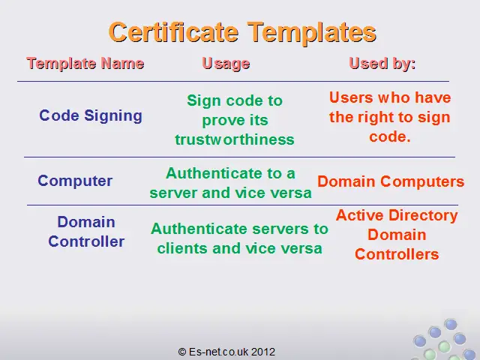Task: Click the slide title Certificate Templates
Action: (x=242, y=33)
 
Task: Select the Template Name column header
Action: (x=85, y=64)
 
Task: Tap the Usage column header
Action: (x=226, y=64)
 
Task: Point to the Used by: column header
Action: (x=382, y=64)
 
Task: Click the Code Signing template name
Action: (x=91, y=116)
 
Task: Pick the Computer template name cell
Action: (x=75, y=181)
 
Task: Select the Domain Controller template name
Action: (x=86, y=232)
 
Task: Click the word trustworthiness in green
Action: (x=235, y=139)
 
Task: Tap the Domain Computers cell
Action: (x=391, y=181)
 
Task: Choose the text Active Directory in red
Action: (x=397, y=215)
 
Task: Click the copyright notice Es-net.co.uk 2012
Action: (x=226, y=352)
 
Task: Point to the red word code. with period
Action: (x=390, y=136)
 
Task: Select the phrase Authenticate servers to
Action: (x=239, y=229)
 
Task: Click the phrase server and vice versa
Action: (x=230, y=193)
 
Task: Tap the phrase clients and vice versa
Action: (x=240, y=248)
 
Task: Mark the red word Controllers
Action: (x=397, y=254)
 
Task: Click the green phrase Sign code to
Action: (x=235, y=100)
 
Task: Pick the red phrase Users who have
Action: (x=390, y=97)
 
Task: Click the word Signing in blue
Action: (x=113, y=116)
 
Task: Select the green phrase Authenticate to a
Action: (x=230, y=173)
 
